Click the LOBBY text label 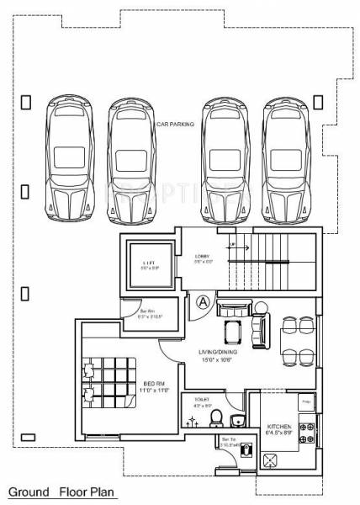click(203, 256)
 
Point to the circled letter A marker click(203, 300)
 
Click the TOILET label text click(202, 401)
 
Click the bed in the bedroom click(107, 383)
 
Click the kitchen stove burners click(309, 433)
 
